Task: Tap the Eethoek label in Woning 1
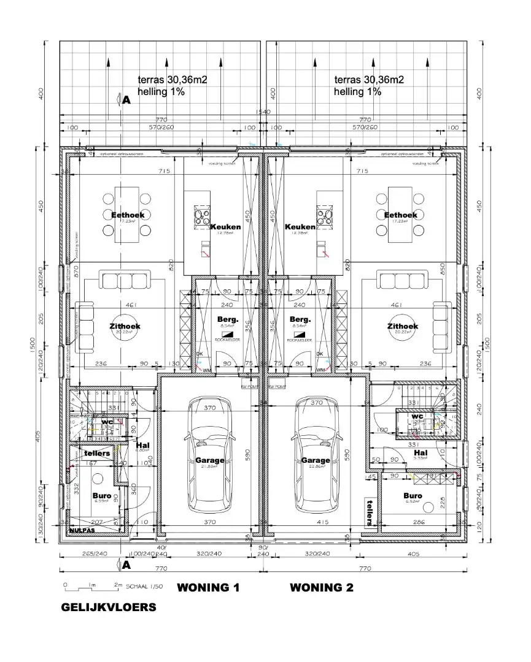127,215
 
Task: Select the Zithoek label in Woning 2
402,326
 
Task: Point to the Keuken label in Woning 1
225,227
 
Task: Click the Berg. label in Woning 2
300,319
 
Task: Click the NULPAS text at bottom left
80,531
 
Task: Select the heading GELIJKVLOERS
108,607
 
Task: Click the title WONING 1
207,588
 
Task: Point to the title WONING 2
321,588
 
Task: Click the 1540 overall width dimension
263,112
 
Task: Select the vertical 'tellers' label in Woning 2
369,511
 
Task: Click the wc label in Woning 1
107,422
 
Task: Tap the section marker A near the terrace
126,101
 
